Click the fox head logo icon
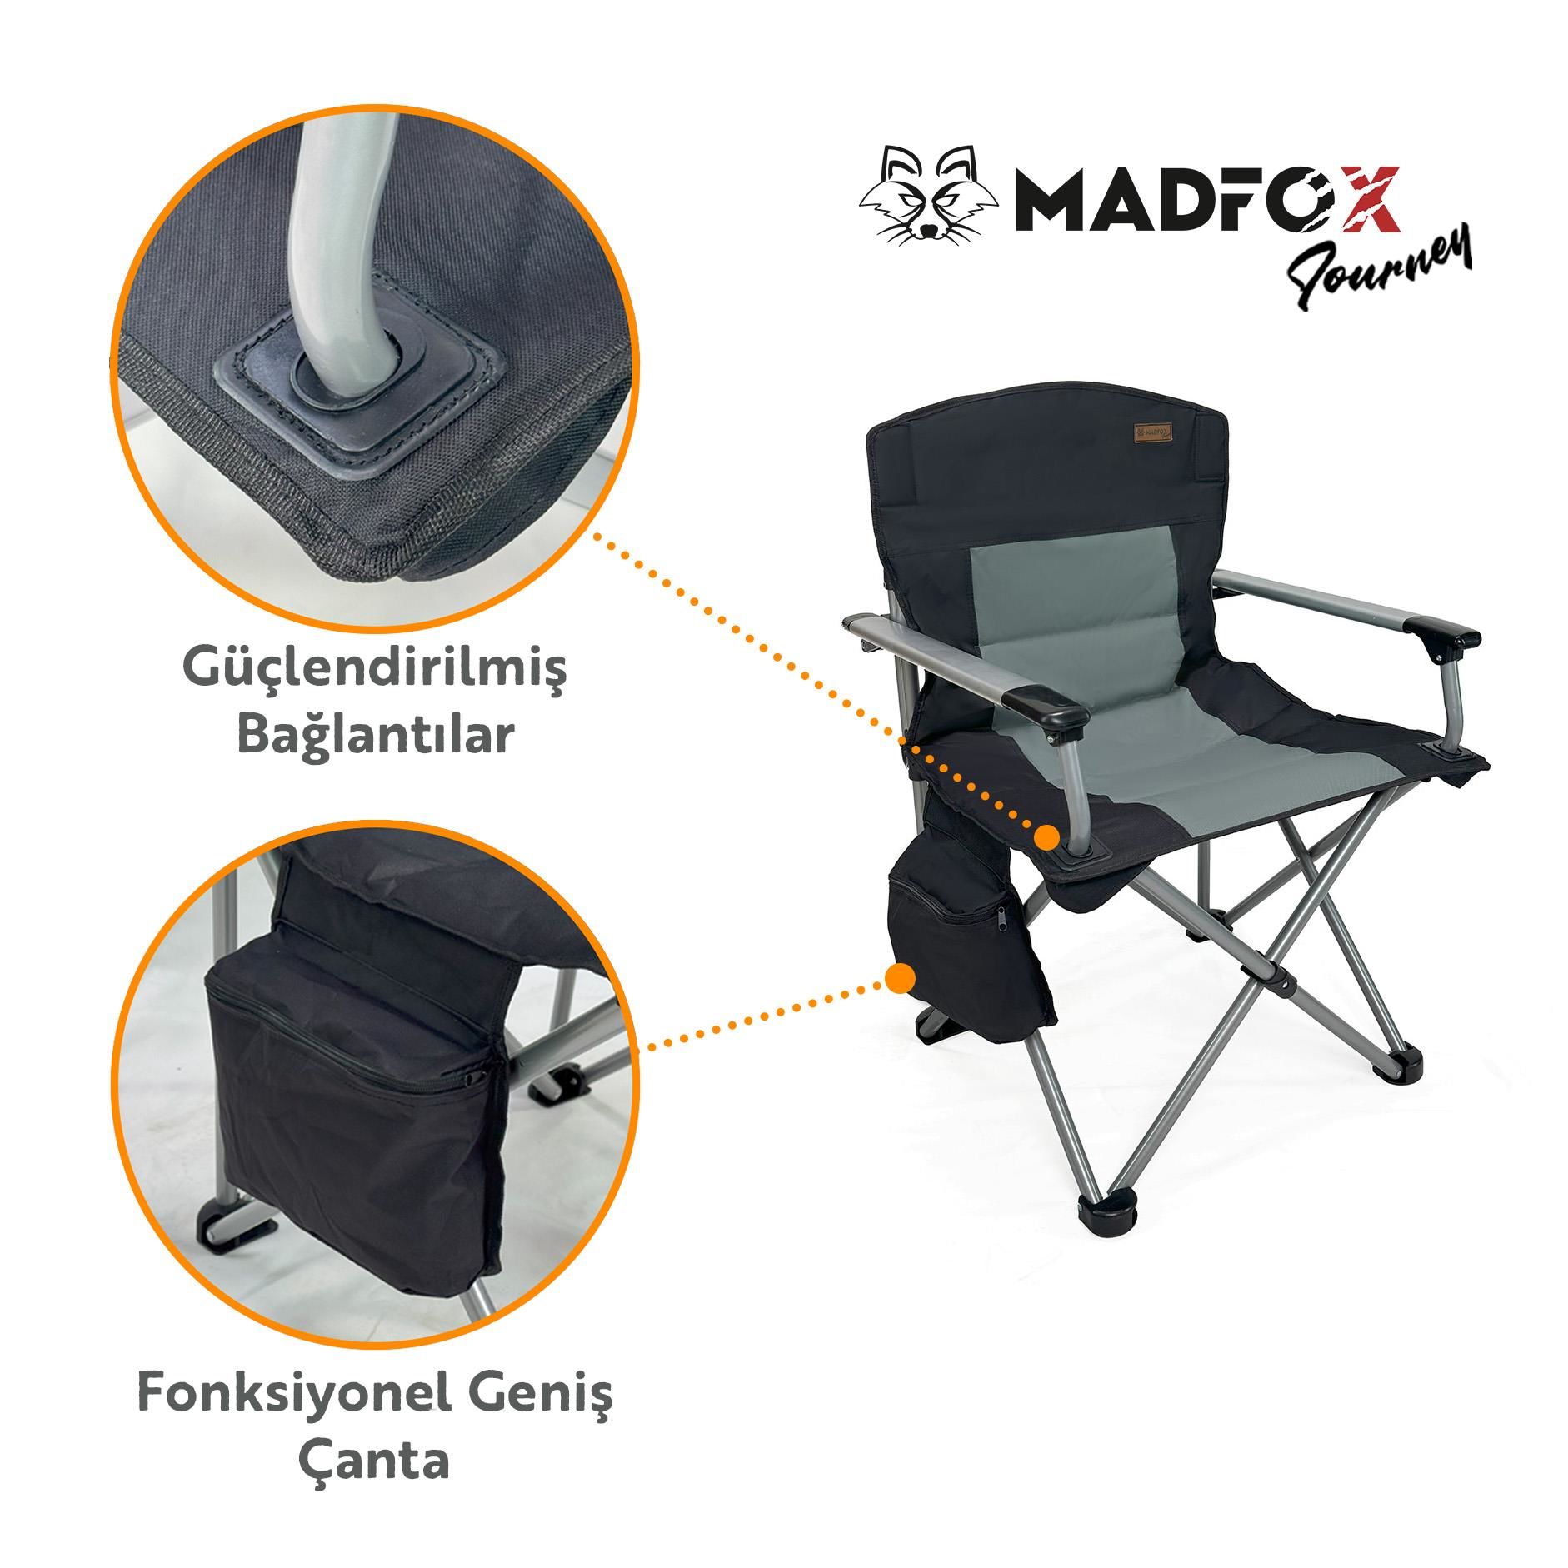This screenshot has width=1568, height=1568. coord(928,197)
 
